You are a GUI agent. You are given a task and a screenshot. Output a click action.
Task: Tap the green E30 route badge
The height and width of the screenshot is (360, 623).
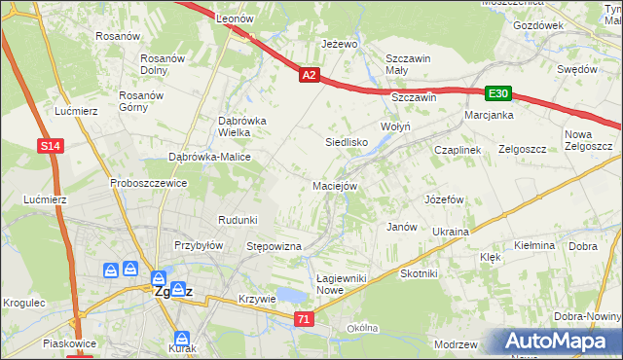click(498, 93)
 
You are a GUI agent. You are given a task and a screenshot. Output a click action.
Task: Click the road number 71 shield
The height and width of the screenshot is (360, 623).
click(305, 319)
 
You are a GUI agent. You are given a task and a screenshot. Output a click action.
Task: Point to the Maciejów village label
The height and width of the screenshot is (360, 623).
click(336, 185)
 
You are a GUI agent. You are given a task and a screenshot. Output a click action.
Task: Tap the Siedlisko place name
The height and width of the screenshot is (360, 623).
click(346, 142)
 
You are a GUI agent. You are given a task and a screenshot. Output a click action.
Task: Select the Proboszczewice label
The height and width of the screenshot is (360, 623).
click(148, 183)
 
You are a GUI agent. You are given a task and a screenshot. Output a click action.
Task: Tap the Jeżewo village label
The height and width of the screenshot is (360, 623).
click(340, 45)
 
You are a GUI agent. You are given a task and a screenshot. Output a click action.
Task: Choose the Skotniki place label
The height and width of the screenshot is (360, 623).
click(419, 274)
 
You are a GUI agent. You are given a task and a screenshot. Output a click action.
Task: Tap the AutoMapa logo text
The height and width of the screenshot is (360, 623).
click(563, 342)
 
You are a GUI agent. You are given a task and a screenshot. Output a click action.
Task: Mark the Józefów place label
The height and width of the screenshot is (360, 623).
click(443, 199)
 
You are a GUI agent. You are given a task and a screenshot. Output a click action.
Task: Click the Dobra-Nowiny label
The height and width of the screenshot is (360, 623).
click(586, 317)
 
